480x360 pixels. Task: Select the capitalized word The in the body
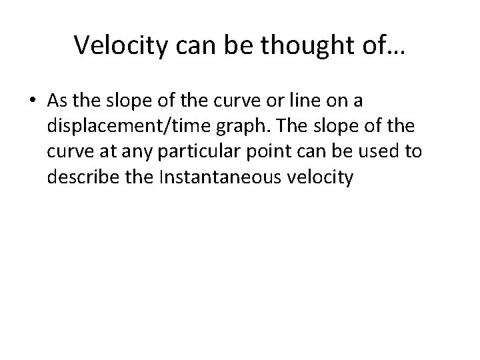click(x=288, y=126)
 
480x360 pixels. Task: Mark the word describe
click(x=80, y=177)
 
